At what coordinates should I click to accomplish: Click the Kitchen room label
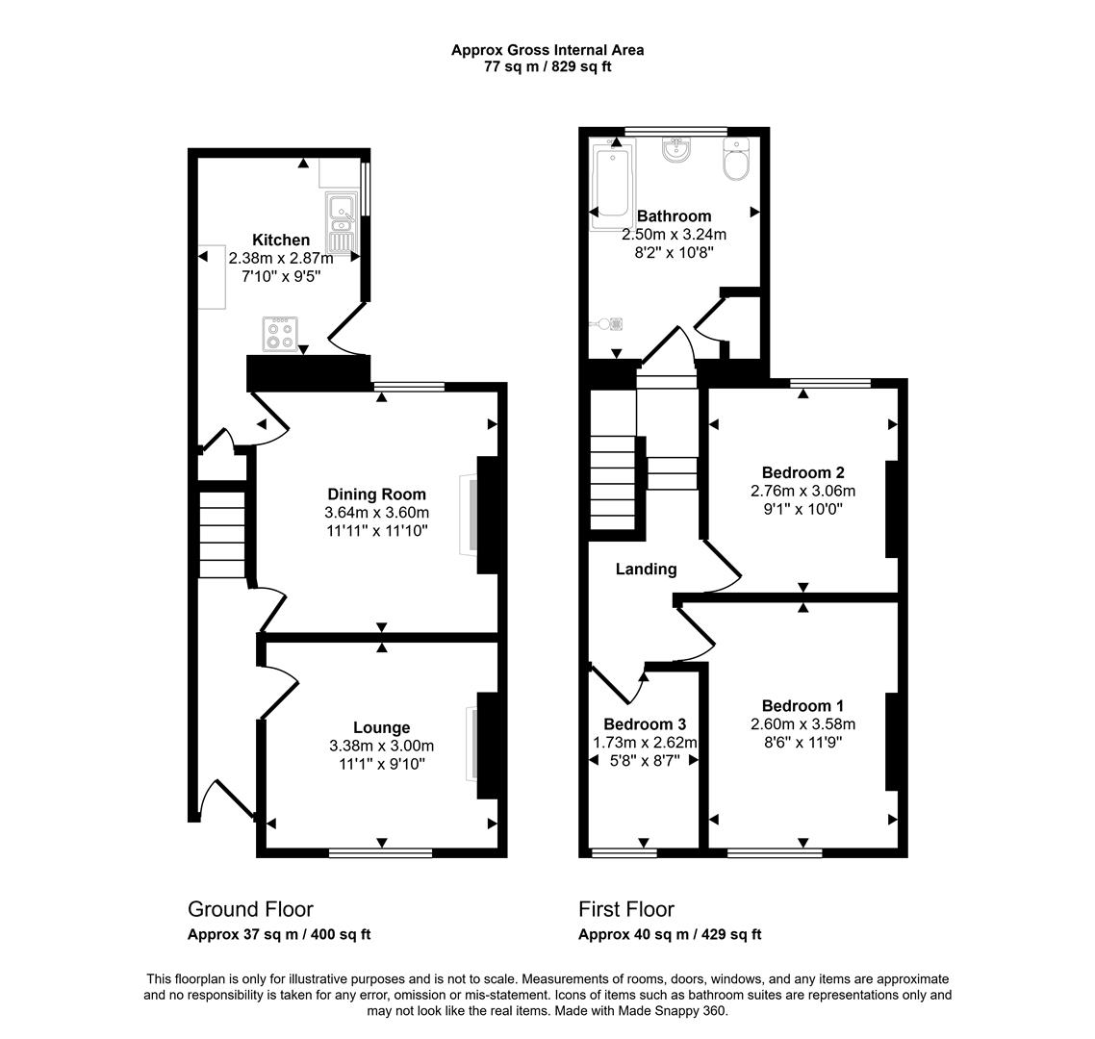(281, 240)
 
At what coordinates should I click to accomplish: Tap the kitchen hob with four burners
(281, 334)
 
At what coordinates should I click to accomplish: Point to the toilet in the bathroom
(736, 162)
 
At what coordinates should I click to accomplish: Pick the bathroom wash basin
(676, 152)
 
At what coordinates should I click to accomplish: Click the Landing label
(646, 569)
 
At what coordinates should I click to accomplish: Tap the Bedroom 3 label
(644, 723)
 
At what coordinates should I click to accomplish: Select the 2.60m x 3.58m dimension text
(802, 724)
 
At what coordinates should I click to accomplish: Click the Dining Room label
(376, 494)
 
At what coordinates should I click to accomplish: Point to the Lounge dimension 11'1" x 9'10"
(381, 764)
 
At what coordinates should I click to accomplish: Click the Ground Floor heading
(250, 909)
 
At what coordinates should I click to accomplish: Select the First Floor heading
(626, 909)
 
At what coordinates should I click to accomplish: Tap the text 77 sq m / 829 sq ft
(547, 67)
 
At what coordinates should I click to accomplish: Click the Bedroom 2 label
(802, 472)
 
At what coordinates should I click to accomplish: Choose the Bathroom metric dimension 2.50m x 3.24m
(674, 234)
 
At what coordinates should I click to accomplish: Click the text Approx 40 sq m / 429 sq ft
(670, 934)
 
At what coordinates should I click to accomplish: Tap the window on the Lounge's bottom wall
(380, 852)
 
